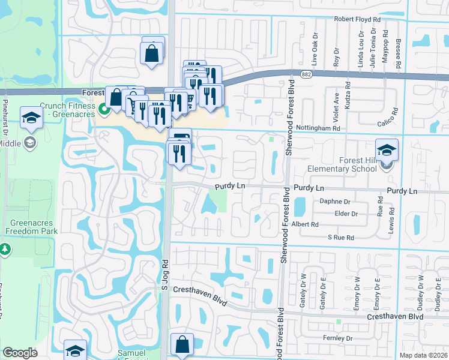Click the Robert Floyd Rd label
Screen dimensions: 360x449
(x=358, y=19)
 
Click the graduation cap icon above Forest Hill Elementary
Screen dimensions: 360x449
(x=387, y=151)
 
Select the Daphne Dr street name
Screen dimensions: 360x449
(x=334, y=202)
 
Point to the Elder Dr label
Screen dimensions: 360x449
(x=346, y=214)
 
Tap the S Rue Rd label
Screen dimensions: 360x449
(x=340, y=238)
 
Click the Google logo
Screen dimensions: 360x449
(x=20, y=353)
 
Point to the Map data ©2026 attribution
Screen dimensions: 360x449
(x=424, y=355)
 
